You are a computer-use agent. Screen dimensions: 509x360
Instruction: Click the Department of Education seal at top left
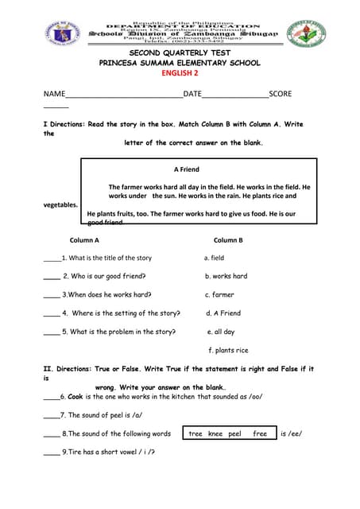tap(64, 34)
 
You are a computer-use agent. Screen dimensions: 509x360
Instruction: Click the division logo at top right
tap(304, 34)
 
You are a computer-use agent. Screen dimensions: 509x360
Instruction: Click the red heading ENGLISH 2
tap(179, 73)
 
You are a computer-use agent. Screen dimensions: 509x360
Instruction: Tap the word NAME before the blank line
tap(54, 94)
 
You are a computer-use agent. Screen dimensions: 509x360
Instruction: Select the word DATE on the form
tap(193, 94)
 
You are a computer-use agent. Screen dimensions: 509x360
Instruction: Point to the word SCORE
tap(281, 94)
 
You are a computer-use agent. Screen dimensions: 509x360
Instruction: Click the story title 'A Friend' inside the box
tap(186, 169)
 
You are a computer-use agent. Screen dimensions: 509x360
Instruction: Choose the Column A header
tap(84, 239)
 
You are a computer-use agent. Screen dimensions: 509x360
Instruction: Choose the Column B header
tap(228, 239)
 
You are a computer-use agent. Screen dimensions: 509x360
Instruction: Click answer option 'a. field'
tap(214, 258)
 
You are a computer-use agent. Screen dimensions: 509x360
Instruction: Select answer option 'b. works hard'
tap(226, 276)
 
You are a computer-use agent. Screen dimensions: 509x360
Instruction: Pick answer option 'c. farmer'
tap(219, 295)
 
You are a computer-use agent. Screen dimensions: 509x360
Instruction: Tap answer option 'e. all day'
tap(221, 332)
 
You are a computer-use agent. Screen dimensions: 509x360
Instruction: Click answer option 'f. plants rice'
tap(228, 350)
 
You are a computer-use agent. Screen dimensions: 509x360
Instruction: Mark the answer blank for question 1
tap(52, 259)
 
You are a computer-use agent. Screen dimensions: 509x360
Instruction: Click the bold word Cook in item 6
tap(75, 396)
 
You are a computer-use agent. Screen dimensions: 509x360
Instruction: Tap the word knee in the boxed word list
tap(215, 433)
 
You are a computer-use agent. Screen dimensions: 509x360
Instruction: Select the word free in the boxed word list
tap(260, 433)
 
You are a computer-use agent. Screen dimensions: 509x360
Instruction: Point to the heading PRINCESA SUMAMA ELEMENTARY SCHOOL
tap(179, 63)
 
